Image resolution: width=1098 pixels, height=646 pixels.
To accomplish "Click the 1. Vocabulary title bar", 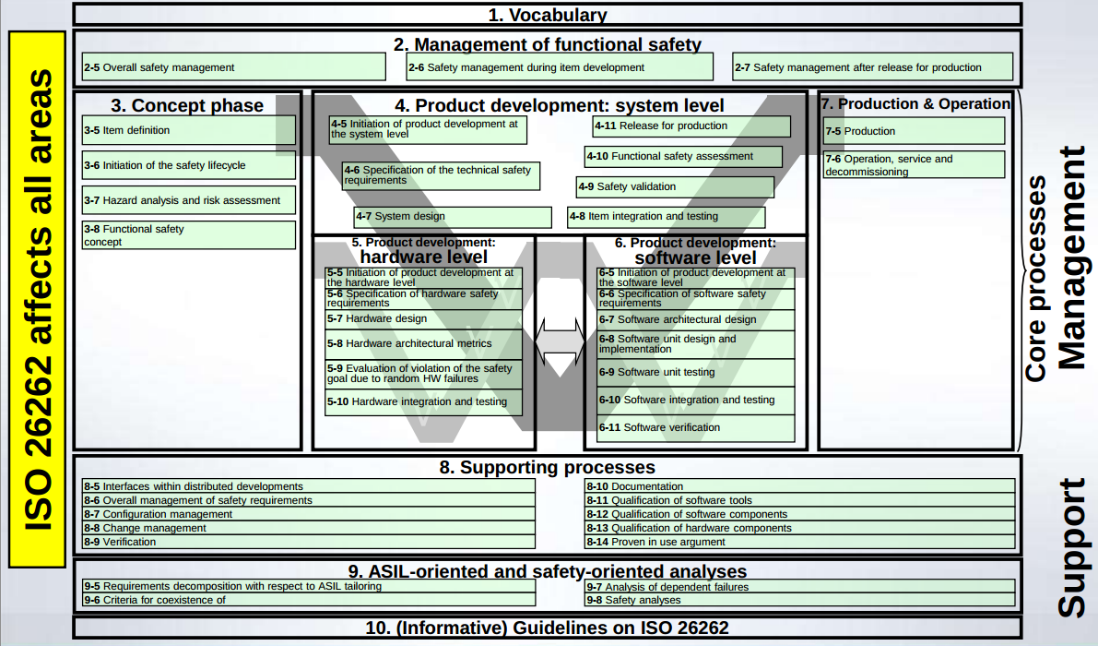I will point(547,15).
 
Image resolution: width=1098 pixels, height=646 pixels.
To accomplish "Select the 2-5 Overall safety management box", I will point(233,67).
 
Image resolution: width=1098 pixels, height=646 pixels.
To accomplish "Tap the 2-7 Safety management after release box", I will point(872,67).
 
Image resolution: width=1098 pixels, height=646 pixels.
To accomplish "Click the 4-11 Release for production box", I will point(691,126).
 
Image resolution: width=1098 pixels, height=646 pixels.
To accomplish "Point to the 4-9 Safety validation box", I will point(675,187).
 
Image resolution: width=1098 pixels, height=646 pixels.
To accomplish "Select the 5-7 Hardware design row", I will point(423,319).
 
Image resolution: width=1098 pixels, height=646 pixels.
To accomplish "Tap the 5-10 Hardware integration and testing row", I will point(423,402).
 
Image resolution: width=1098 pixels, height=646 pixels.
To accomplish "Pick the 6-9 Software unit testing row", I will point(695,373).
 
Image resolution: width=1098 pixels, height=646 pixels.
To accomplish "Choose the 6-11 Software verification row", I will point(695,428).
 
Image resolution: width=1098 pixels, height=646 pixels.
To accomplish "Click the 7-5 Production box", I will point(913,131).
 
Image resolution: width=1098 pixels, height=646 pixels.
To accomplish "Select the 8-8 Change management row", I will point(308,529).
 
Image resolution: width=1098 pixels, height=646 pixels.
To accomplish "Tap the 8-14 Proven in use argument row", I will point(799,543).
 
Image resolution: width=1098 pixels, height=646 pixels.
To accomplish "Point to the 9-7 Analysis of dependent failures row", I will point(799,587).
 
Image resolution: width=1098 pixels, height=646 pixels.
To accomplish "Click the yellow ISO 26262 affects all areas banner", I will point(38,300).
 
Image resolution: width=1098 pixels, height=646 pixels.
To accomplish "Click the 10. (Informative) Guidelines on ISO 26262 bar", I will point(547,628).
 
